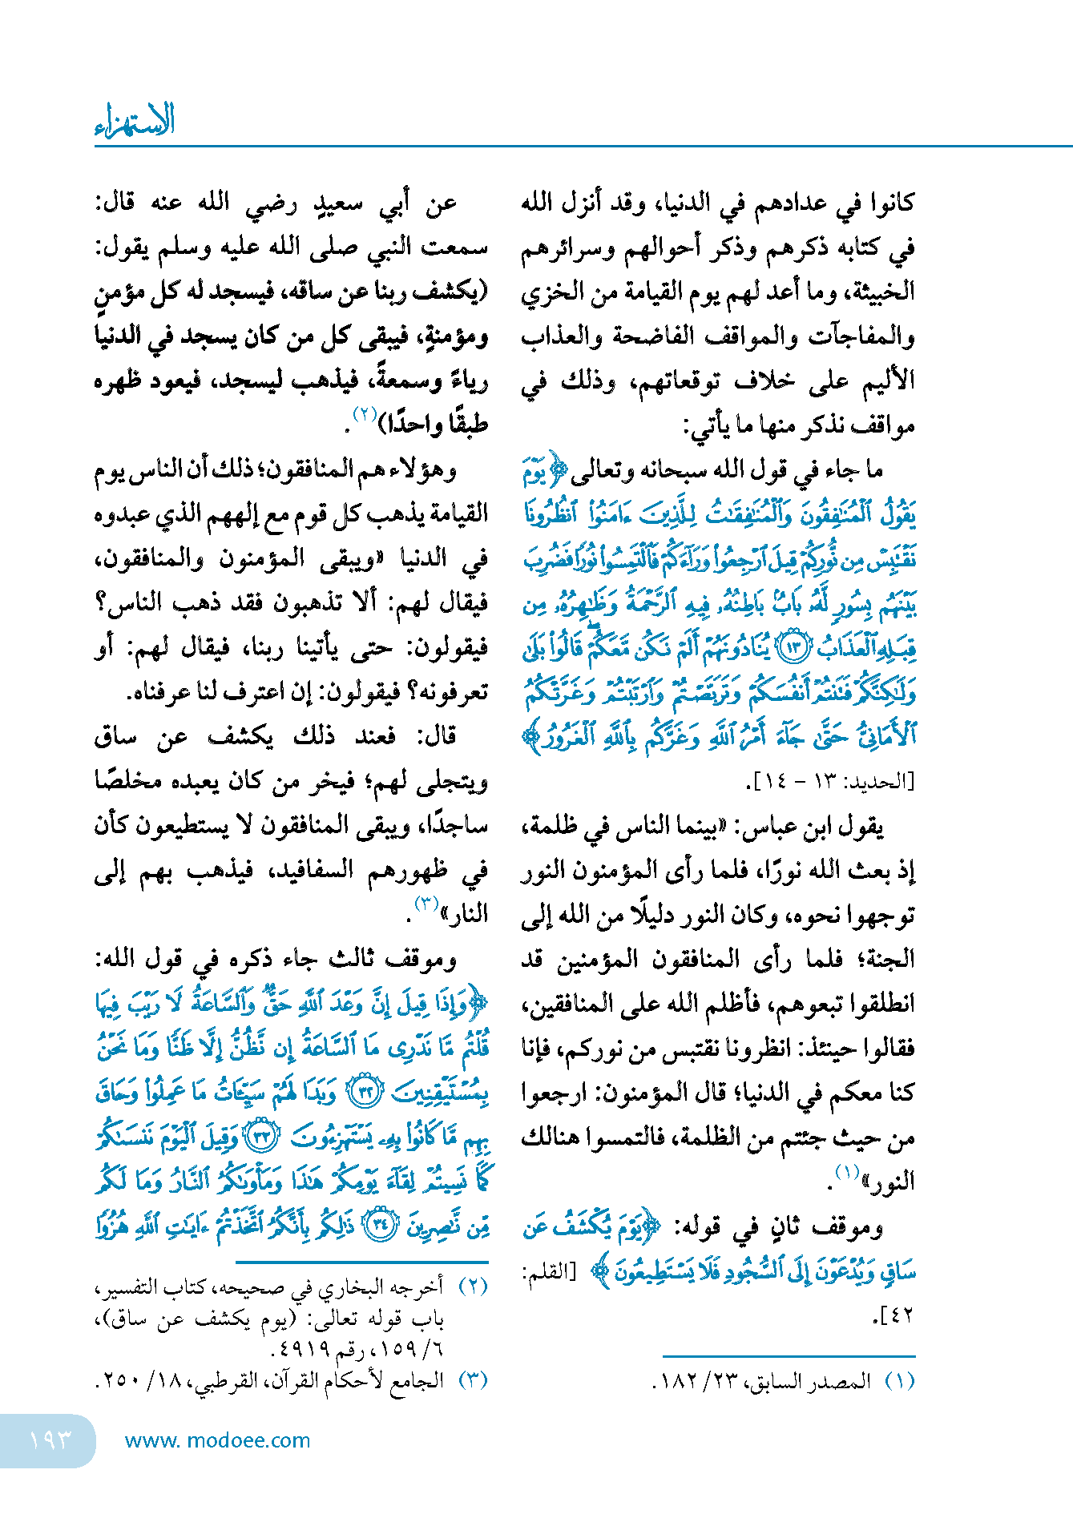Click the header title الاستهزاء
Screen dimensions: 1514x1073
(135, 122)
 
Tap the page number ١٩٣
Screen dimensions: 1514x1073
(50, 1440)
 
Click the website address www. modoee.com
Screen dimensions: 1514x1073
(217, 1440)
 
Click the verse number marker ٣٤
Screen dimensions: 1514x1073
(380, 1226)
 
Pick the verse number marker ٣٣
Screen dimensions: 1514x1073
(263, 1137)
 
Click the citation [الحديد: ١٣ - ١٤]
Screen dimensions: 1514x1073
(829, 782)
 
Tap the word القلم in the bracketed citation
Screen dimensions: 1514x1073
(548, 1271)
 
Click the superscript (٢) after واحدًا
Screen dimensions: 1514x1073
(365, 415)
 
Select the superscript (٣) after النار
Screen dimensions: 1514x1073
(426, 904)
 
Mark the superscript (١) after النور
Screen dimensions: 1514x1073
(848, 1172)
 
